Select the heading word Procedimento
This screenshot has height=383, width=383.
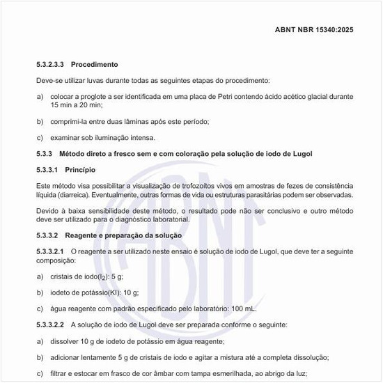(x=96, y=64)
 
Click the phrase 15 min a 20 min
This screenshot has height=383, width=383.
(x=77, y=104)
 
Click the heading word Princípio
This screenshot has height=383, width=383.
(x=80, y=170)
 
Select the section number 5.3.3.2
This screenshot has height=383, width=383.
(x=50, y=235)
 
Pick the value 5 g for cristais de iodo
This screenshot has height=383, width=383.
(x=125, y=276)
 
